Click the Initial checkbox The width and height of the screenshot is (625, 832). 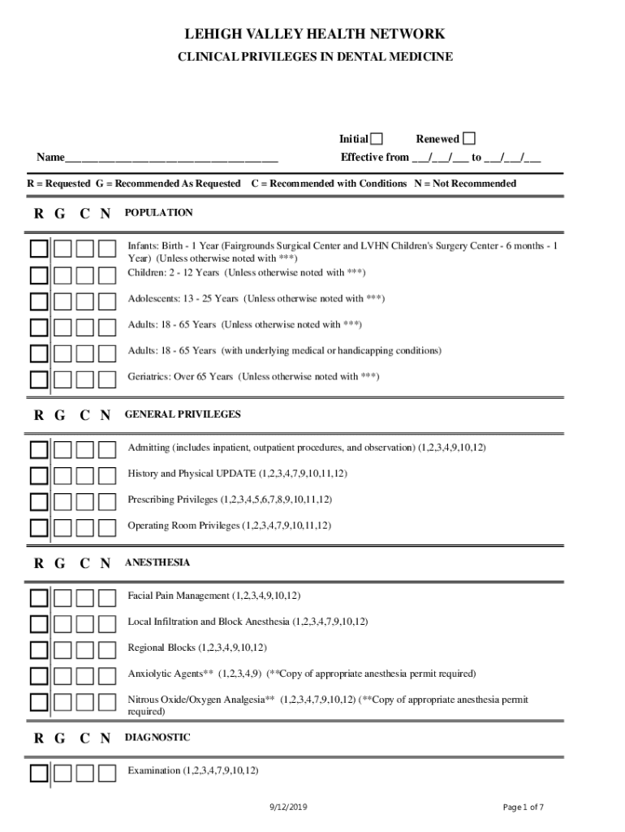(377, 139)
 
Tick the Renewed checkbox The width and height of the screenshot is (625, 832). (468, 138)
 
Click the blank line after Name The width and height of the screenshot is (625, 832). (170, 157)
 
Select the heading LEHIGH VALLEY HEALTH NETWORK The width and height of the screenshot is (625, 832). (315, 34)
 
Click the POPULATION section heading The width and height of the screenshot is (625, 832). (158, 213)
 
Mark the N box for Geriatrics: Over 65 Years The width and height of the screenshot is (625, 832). (107, 379)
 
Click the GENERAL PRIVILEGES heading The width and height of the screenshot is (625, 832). (183, 414)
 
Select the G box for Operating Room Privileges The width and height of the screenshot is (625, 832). (62, 527)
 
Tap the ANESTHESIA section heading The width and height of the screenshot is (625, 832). (157, 563)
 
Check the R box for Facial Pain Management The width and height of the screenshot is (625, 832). (39, 598)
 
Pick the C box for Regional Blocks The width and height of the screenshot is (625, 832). (84, 650)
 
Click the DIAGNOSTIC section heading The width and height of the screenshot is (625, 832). (157, 738)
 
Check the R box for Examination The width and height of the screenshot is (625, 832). (39, 773)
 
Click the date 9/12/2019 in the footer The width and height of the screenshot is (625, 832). (289, 807)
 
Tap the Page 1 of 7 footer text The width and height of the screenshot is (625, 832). (524, 807)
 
